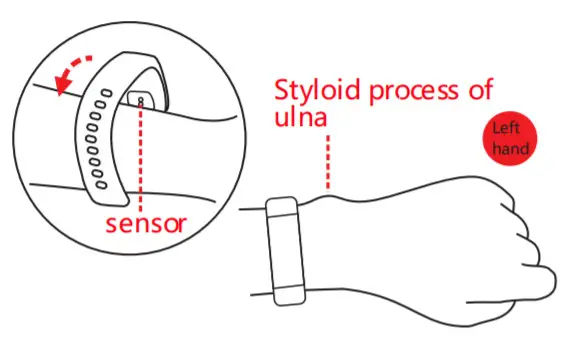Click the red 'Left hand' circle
pos(509,138)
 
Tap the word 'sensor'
pos(146,222)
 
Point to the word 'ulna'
pos(300,119)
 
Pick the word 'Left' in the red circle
pos(508,128)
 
